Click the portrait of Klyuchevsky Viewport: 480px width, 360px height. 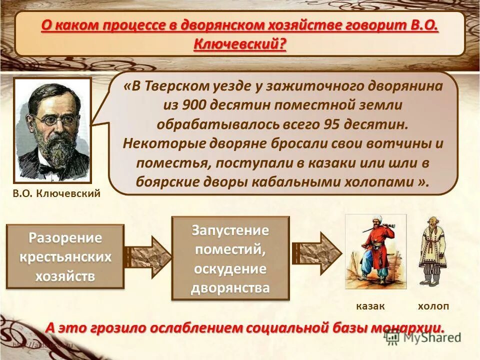coord(52,130)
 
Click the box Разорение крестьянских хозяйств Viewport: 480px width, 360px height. coord(65,256)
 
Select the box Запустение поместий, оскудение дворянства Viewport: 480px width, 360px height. coord(230,258)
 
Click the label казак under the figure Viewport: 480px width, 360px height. coord(370,306)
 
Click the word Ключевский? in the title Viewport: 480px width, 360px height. coord(240,43)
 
